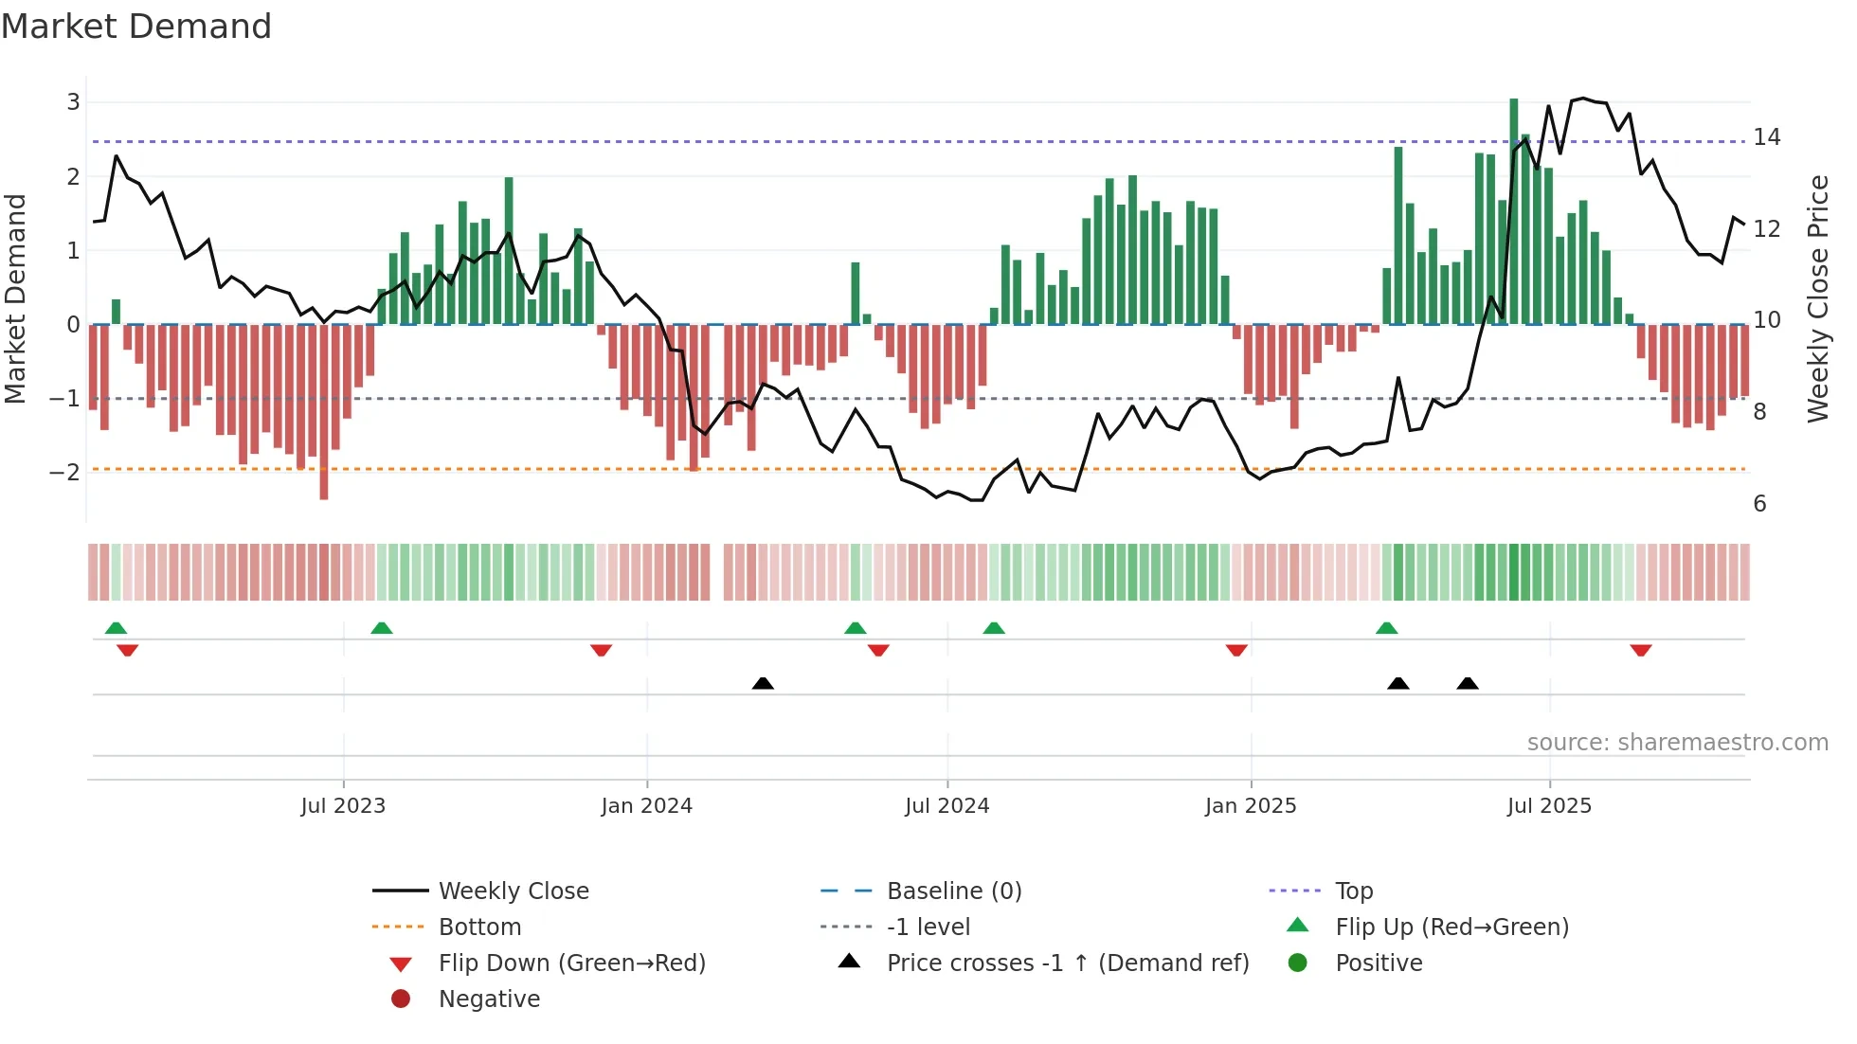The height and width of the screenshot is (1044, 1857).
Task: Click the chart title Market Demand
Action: pos(136,27)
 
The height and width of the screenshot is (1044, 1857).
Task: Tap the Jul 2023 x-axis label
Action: pos(343,806)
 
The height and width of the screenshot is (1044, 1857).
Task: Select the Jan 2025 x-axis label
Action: pos(1251,806)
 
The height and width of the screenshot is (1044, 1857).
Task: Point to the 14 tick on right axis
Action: pos(1767,137)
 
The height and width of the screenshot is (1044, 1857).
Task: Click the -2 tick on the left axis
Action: pos(65,472)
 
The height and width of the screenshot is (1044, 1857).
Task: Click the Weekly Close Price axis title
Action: pos(1817,298)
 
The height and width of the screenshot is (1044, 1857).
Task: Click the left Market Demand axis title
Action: pos(16,298)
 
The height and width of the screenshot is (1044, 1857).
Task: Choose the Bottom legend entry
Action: pos(479,927)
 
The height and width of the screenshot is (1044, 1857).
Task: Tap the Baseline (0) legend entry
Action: pos(953,891)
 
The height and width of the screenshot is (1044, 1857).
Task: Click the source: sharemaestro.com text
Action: pos(1677,743)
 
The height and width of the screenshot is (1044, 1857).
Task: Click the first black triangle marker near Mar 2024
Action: pos(763,683)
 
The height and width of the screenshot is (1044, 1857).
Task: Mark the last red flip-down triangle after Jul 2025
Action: pos(1641,650)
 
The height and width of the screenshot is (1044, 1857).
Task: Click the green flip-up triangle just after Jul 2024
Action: pos(994,628)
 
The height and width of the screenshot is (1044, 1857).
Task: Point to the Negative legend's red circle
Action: pos(401,999)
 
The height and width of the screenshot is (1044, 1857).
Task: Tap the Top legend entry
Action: pos(1353,891)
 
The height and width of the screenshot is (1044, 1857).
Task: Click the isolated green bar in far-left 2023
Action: pos(116,312)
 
